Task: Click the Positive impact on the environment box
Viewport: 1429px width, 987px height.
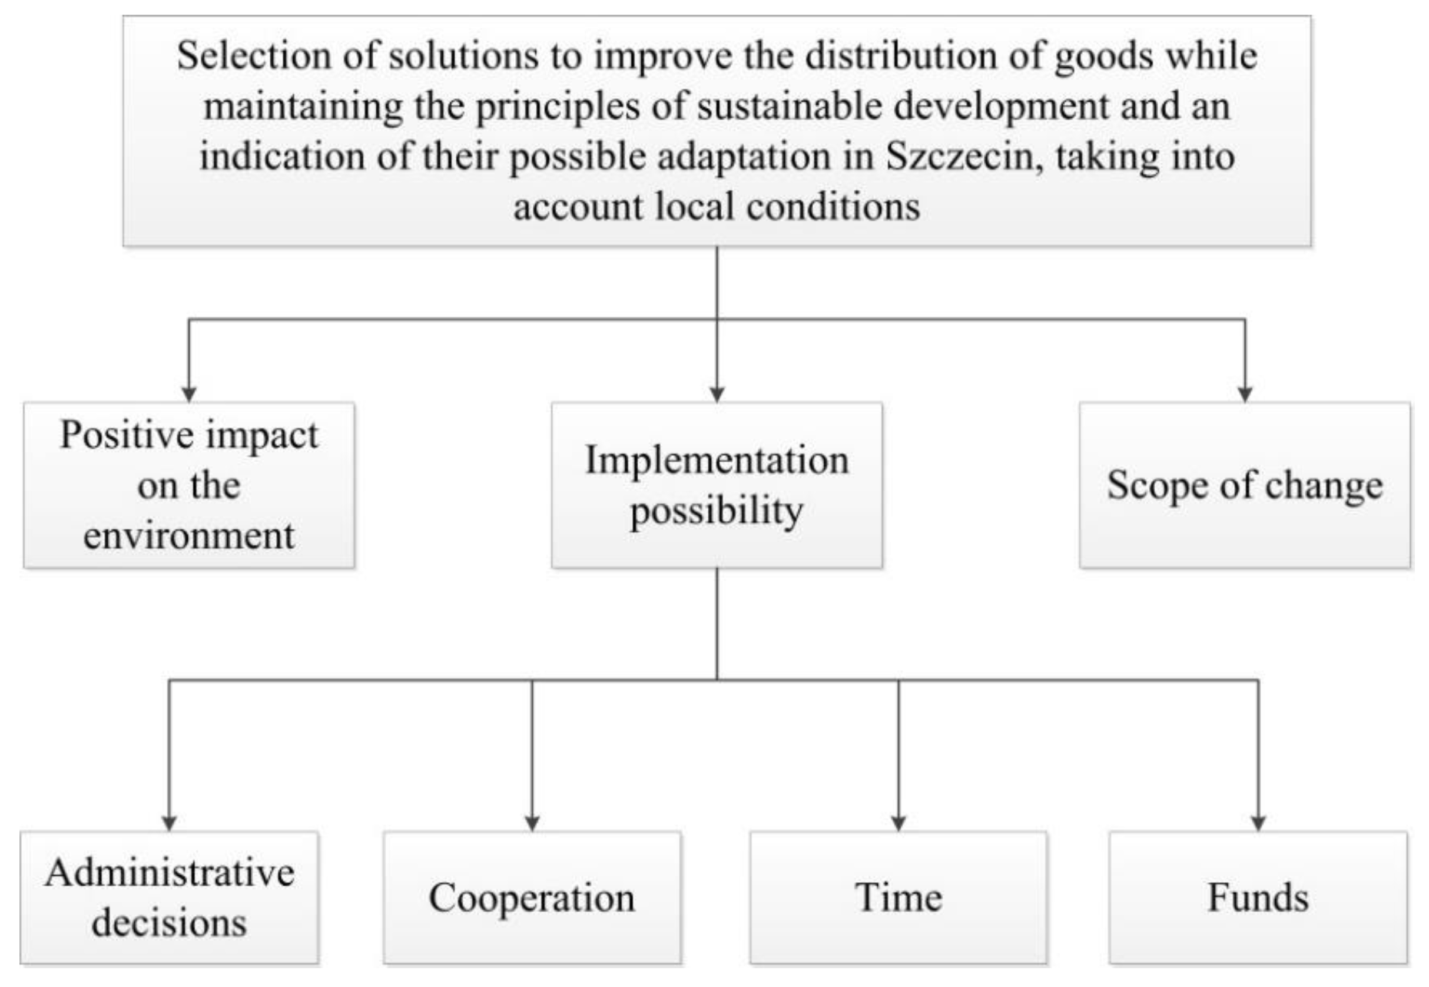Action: click(189, 485)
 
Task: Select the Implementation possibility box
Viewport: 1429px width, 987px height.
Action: click(717, 485)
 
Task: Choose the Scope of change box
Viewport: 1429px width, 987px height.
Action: click(1244, 485)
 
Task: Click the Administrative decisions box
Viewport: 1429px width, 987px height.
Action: click(170, 897)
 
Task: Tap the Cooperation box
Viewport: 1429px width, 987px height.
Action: click(532, 897)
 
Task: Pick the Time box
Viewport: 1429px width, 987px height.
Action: click(898, 897)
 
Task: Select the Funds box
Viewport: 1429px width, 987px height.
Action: click(1258, 897)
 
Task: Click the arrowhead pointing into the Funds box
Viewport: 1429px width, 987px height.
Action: click(1258, 824)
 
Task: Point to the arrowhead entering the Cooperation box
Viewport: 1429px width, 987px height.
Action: click(532, 824)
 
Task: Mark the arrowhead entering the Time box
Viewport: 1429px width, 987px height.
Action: click(898, 824)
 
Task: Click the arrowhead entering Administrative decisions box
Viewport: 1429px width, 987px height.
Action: click(170, 824)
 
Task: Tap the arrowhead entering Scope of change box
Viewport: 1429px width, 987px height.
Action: click(1244, 395)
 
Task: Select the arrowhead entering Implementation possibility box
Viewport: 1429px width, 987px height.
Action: click(717, 395)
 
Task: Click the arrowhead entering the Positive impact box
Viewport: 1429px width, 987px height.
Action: click(189, 395)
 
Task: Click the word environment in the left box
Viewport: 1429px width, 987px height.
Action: click(189, 535)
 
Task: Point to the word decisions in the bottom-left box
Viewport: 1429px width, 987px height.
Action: click(170, 923)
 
